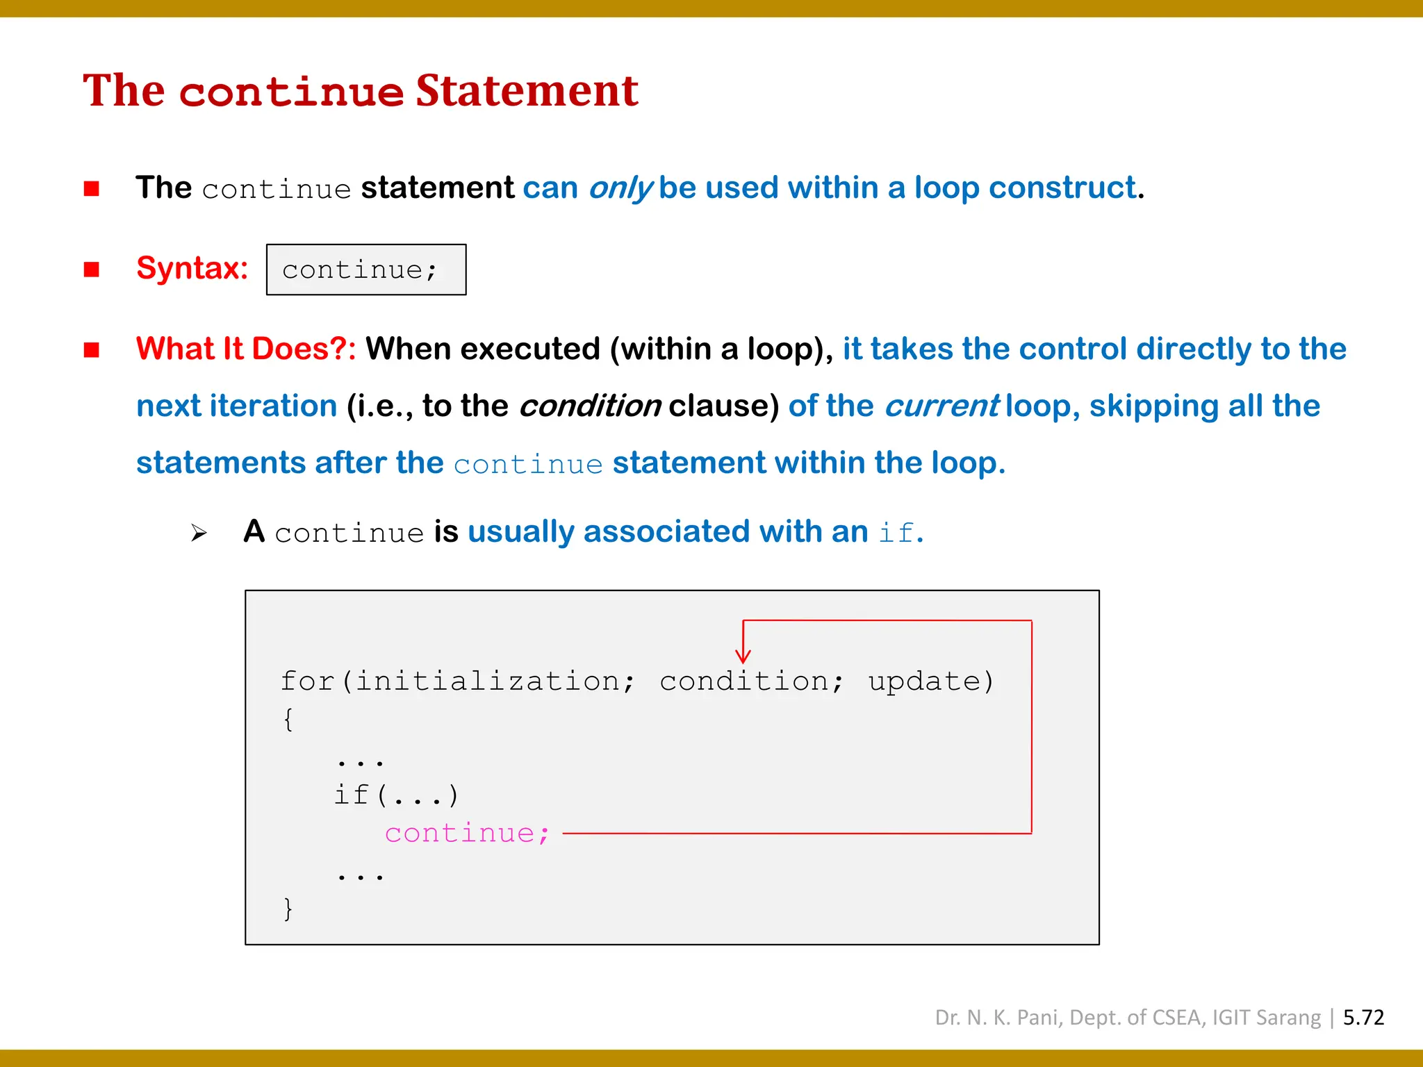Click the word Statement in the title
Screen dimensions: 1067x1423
(527, 91)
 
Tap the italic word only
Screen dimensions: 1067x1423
(620, 188)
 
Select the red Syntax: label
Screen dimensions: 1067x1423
(192, 268)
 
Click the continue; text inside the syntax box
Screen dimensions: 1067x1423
(360, 270)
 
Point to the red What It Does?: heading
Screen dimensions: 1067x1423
(246, 349)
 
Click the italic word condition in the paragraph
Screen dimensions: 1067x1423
(590, 406)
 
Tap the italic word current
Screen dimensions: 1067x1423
(941, 406)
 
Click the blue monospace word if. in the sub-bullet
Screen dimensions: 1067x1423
(900, 533)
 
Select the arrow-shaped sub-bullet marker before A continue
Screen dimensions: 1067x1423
(199, 533)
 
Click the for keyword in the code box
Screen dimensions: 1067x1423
(307, 681)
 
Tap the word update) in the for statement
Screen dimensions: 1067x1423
(931, 681)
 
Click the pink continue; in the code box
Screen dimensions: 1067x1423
(467, 833)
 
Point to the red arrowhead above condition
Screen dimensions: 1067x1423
(743, 655)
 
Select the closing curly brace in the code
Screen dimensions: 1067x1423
(288, 909)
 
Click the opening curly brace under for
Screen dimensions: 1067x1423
(288, 719)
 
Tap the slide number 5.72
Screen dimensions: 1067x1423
(1363, 1018)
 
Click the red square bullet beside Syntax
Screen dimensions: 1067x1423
(91, 269)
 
